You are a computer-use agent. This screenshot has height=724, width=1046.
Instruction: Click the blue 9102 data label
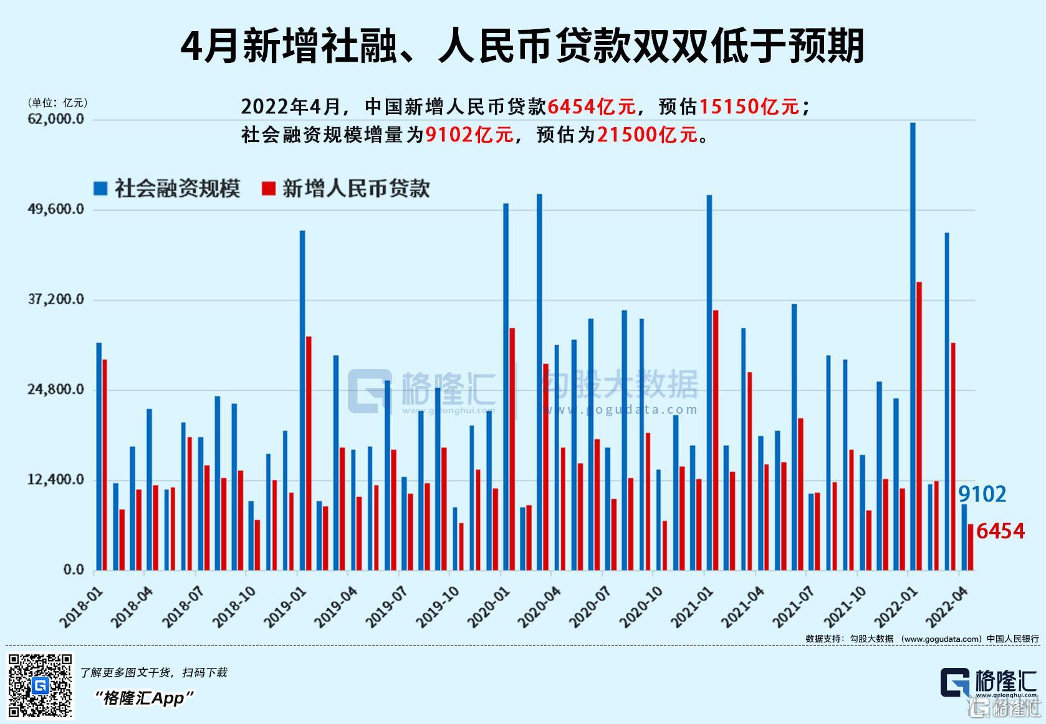[982, 494]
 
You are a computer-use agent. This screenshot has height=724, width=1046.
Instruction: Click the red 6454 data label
[1000, 531]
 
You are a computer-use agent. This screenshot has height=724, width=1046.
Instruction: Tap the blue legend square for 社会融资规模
[100, 188]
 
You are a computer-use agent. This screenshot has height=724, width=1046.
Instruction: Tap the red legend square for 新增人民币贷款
[269, 188]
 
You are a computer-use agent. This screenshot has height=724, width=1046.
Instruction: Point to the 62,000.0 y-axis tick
[56, 119]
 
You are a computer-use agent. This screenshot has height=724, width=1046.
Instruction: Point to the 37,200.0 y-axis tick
[56, 300]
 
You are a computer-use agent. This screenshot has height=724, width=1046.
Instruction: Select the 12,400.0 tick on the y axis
[56, 480]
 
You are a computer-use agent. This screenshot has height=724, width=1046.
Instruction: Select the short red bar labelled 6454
[970, 547]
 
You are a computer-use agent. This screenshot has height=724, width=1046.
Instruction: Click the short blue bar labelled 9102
[964, 537]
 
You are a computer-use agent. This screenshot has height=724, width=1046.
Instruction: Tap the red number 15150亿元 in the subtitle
[749, 107]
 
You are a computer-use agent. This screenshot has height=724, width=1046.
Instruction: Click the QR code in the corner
[40, 685]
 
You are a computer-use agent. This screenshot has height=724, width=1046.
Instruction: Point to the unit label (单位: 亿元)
[57, 102]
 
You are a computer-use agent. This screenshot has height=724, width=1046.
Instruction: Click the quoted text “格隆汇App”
[144, 698]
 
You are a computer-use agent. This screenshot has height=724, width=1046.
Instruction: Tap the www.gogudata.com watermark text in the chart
[620, 409]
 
